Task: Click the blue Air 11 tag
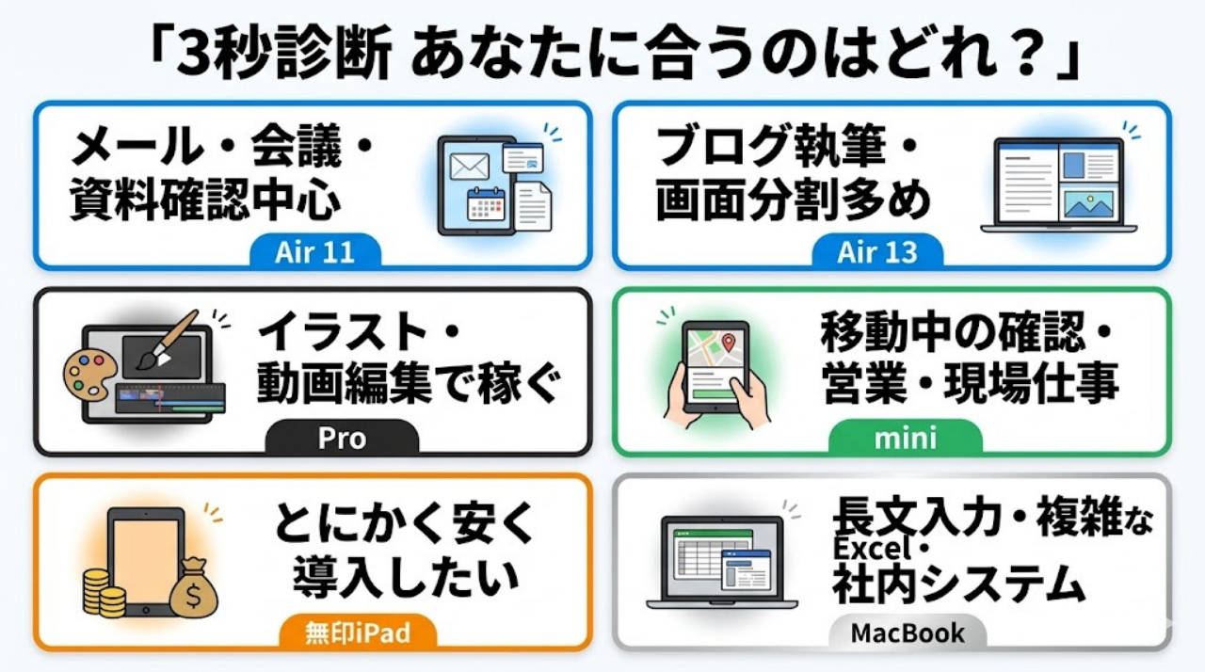[314, 252]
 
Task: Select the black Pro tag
[342, 439]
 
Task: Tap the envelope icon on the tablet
[468, 167]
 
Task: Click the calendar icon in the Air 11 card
[486, 203]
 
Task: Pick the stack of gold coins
[104, 590]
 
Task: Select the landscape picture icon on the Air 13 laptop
[1087, 202]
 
